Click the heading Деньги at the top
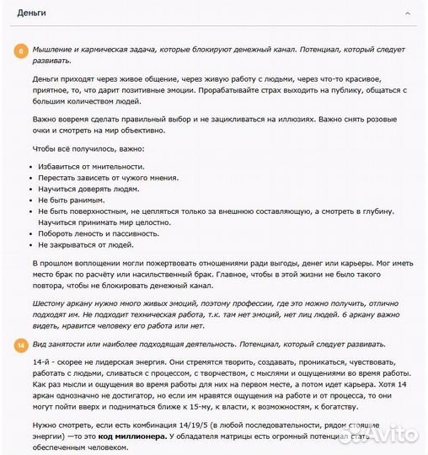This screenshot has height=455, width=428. point(31,13)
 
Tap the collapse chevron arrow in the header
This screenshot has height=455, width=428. point(409,14)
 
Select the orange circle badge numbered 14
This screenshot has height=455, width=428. point(20,345)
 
